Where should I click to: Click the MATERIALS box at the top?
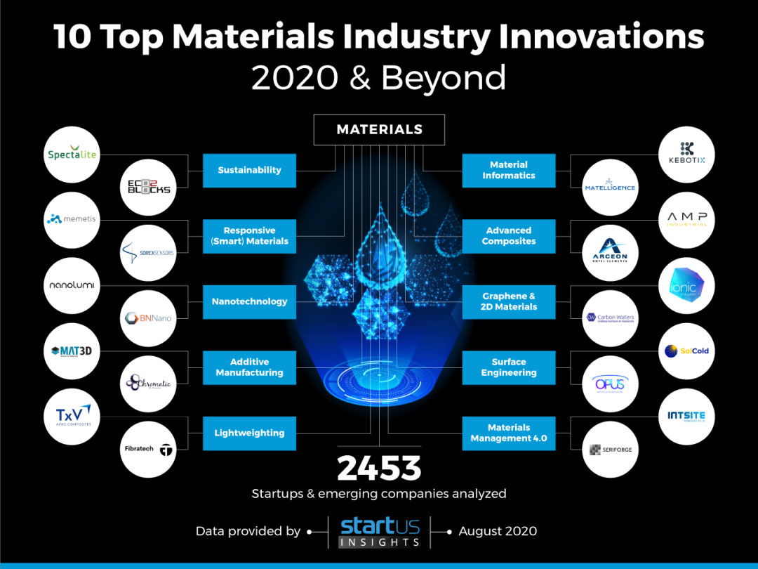click(379, 129)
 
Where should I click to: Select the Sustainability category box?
click(249, 170)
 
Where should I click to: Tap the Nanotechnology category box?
click(249, 301)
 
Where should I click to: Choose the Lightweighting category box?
click(249, 433)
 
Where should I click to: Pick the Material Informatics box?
click(509, 170)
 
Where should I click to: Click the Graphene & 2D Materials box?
click(509, 301)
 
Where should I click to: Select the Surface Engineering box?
click(509, 367)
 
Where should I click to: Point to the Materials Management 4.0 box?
click(509, 433)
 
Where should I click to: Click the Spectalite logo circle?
click(72, 155)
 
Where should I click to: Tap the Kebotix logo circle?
click(686, 155)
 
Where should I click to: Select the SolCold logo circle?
click(686, 351)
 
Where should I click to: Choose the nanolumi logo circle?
click(72, 286)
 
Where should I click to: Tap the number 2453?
click(379, 469)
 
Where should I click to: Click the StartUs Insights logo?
click(380, 532)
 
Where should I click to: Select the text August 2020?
click(498, 531)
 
